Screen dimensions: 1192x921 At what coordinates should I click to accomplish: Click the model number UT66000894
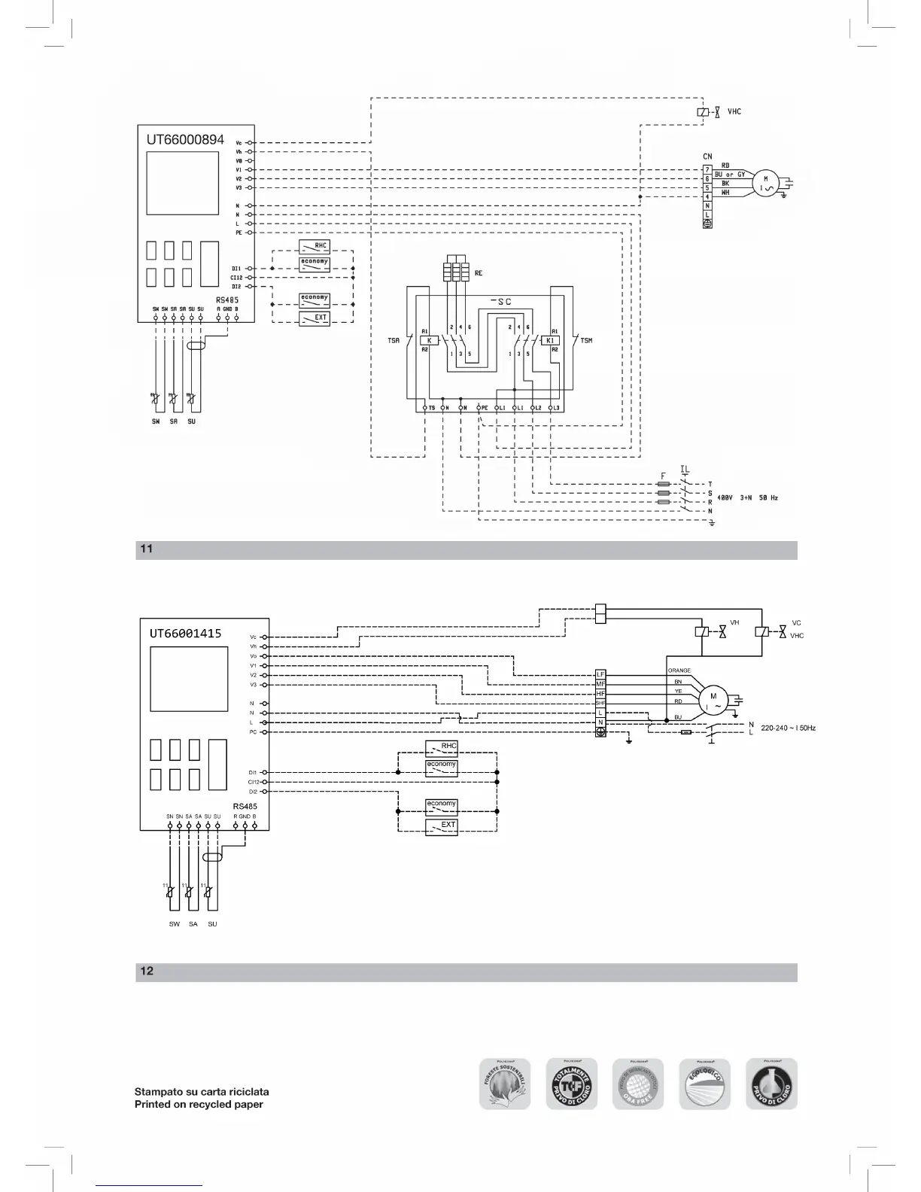tap(185, 140)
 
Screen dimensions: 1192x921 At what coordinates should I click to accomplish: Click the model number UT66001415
tap(185, 633)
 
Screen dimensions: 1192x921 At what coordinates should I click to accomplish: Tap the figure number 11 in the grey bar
tap(146, 549)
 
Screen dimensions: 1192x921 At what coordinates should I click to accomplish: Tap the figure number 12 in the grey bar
tap(147, 972)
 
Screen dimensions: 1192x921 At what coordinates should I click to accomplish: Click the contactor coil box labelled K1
tap(550, 340)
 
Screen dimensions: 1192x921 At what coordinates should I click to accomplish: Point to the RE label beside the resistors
tap(479, 273)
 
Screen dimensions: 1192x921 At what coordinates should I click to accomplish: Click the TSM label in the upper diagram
tap(586, 341)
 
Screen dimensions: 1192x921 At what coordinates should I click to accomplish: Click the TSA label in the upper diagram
tap(394, 341)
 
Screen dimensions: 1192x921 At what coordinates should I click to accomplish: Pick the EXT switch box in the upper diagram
tap(315, 318)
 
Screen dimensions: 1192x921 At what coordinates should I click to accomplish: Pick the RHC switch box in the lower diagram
tap(442, 747)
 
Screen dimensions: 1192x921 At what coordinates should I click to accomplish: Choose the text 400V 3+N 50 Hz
tap(747, 498)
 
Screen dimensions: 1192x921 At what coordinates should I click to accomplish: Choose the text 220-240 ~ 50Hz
tap(788, 728)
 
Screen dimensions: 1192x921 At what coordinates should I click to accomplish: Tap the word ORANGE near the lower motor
tap(679, 670)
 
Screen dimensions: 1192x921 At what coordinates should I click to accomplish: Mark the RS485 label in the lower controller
tap(245, 806)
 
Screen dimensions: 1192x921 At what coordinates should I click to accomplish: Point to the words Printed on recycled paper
tap(199, 1105)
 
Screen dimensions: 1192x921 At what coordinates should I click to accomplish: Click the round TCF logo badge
tap(571, 1084)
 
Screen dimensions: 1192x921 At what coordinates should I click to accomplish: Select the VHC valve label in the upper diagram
tap(734, 111)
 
